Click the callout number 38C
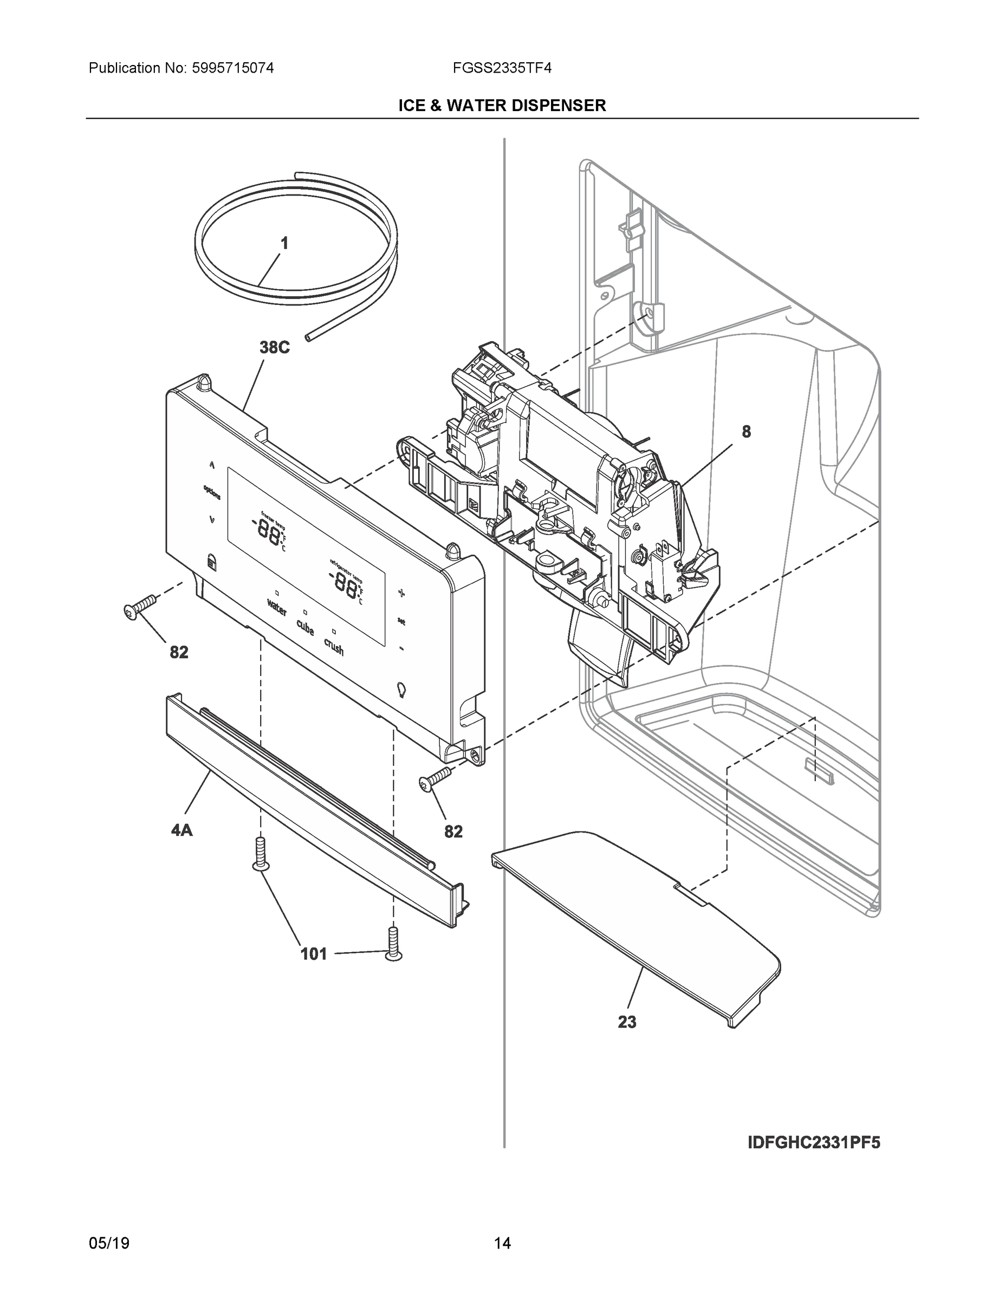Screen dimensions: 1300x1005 pyautogui.click(x=275, y=348)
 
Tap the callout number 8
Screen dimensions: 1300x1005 pyautogui.click(x=746, y=432)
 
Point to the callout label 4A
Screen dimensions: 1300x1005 pyautogui.click(x=181, y=830)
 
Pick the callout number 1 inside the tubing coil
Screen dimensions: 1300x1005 pyautogui.click(x=284, y=243)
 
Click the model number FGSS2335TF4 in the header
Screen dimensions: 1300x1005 pyautogui.click(x=502, y=68)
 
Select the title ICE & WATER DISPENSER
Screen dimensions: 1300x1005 pyautogui.click(x=502, y=106)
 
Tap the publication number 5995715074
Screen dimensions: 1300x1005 pyautogui.click(x=233, y=68)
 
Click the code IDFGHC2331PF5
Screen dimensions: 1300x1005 pyautogui.click(x=813, y=1143)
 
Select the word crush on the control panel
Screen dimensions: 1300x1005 pyautogui.click(x=334, y=646)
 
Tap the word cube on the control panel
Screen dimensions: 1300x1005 pyautogui.click(x=305, y=627)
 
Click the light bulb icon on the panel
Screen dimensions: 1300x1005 pyautogui.click(x=401, y=690)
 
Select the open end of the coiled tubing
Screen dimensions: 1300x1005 pyautogui.click(x=307, y=337)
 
